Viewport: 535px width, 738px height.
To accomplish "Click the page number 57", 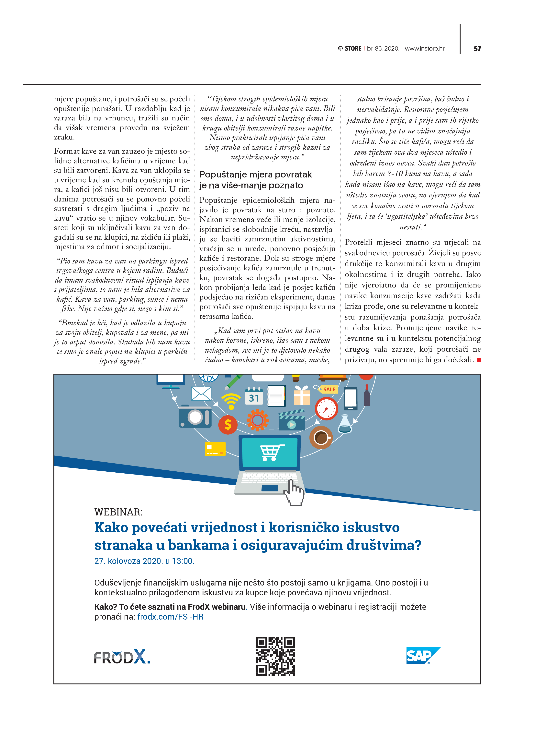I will coord(477,48).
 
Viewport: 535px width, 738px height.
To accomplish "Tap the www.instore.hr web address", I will coord(425,48).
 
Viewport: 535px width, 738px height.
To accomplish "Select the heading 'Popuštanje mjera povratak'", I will coord(255,175).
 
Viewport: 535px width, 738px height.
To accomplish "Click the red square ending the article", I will coord(478,360).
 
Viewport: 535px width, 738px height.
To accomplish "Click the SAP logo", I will coord(423,655).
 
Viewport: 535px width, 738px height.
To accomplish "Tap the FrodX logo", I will coord(122,657).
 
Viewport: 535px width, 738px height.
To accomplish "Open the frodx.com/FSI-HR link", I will coord(170,617).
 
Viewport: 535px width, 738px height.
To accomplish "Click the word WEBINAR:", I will coord(118,512).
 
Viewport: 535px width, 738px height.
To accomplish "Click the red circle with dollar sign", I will coord(228,425).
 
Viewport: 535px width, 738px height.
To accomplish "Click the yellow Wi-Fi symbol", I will coord(231,401).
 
